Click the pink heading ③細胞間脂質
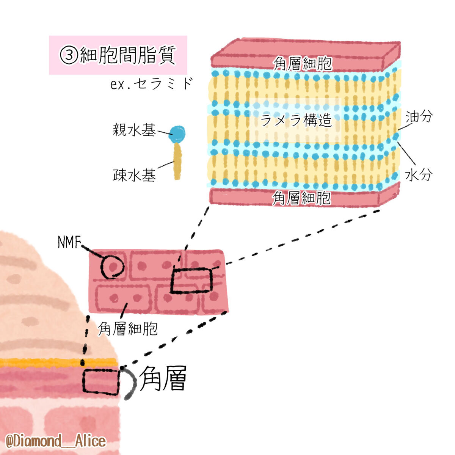tap(118, 55)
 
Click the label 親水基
tap(134, 130)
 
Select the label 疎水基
tap(134, 175)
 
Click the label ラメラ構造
tap(296, 120)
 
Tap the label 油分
tap(419, 117)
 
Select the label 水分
tap(419, 175)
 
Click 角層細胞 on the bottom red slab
tap(301, 198)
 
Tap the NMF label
tap(69, 242)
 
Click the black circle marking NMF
tap(112, 266)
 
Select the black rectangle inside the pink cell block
tap(191, 280)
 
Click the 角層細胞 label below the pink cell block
tap(127, 328)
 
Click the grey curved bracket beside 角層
tap(131, 383)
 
